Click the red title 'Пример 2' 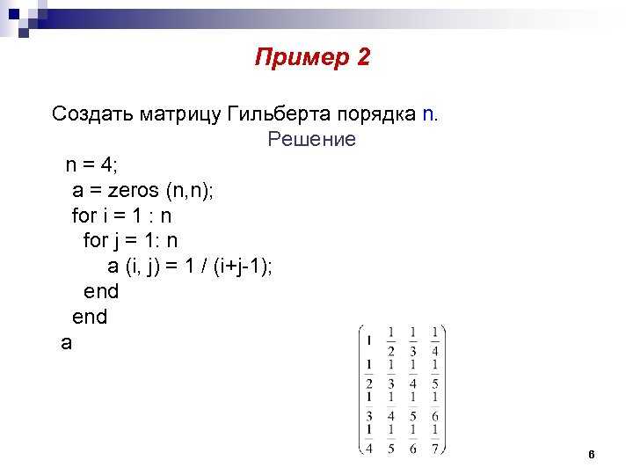coord(312,57)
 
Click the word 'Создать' coord(92,113)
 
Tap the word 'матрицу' coord(180,115)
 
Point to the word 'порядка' coord(376,115)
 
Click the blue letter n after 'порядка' coord(428,114)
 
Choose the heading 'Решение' coord(311,139)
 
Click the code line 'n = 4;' coord(91,164)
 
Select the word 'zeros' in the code coord(133,191)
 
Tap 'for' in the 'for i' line coord(84,216)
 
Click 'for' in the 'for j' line coord(96,240)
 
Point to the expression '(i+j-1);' coord(243,267)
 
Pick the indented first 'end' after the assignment coord(101,291)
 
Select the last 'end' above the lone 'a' coord(90,317)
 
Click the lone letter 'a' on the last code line coord(66,343)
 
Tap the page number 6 coord(592,455)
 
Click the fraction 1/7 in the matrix coord(435,439)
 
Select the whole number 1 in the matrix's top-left coord(368,340)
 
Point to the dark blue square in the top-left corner coord(14,14)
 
